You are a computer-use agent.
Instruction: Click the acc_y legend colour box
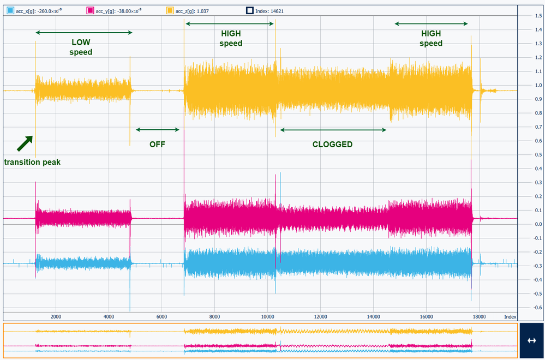91,10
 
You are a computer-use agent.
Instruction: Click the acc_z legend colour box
170,10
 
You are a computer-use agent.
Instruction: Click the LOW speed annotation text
81,47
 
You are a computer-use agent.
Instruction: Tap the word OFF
157,145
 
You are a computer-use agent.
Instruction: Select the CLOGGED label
332,145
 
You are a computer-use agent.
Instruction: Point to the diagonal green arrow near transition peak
25,143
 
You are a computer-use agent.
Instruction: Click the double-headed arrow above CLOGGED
333,130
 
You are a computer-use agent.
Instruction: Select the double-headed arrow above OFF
158,129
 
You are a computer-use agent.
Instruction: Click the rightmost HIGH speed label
431,38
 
